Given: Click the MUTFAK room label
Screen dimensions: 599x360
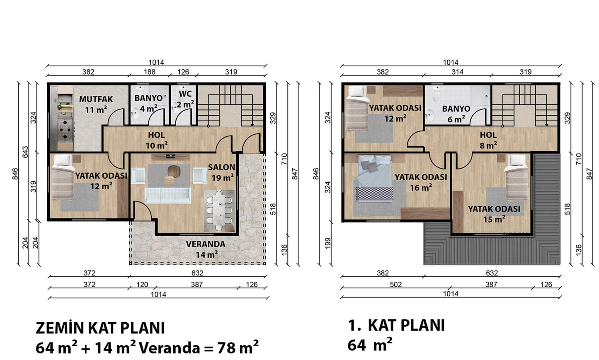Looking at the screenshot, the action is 96,99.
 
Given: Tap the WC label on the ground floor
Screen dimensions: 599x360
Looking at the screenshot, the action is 185,94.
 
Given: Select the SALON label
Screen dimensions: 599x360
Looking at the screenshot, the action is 221,167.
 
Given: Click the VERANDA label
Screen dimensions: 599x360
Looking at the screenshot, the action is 206,244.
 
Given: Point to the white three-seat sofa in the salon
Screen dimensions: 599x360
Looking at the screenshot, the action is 168,196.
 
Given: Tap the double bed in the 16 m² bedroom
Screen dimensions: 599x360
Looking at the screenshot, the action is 374,178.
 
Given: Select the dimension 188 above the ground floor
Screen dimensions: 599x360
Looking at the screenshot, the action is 150,72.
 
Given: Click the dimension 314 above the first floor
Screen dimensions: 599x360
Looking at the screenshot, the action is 457,72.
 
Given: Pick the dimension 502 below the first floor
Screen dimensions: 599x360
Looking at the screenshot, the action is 396,284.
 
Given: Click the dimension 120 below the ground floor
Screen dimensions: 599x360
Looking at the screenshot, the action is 142,284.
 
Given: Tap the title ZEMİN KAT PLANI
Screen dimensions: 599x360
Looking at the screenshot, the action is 100,328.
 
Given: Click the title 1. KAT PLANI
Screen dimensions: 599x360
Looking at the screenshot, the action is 396,325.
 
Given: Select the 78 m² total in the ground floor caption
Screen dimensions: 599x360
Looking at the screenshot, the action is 238,348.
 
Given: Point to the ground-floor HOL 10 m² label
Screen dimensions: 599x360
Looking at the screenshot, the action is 156,140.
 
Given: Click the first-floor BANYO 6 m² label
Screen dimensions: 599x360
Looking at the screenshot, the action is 456,114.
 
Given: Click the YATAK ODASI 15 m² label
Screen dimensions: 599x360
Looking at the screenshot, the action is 494,214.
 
